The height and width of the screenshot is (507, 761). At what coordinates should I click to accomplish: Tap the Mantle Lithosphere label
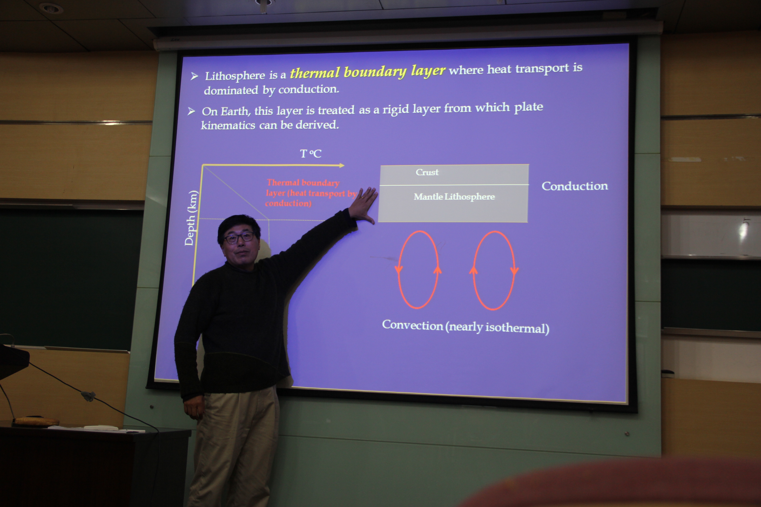454,197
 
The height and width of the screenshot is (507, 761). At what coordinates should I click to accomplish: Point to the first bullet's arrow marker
194,76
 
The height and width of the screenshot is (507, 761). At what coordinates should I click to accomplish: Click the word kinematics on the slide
228,125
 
